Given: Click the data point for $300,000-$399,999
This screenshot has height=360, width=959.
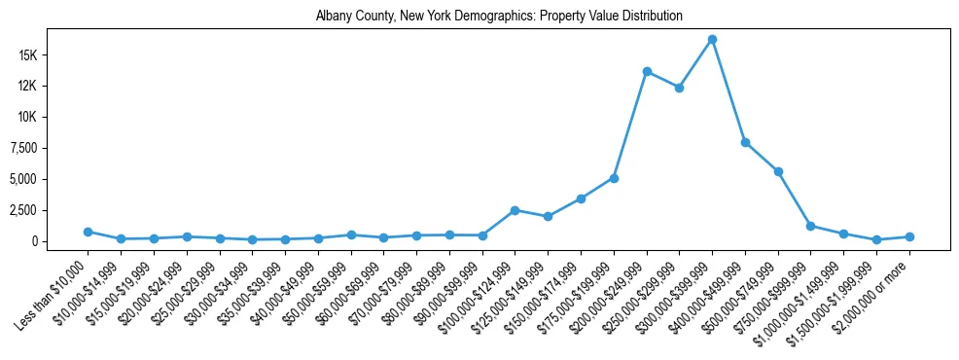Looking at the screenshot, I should pyautogui.click(x=712, y=40).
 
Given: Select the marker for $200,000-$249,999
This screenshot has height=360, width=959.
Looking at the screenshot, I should pyautogui.click(x=647, y=72).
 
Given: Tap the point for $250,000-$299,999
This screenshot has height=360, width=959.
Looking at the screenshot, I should pyautogui.click(x=679, y=88).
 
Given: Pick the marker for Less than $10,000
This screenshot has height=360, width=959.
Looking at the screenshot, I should pyautogui.click(x=88, y=232).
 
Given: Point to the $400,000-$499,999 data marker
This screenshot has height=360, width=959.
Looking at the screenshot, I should pyautogui.click(x=745, y=142).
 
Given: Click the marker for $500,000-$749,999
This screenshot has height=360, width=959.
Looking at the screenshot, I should pyautogui.click(x=778, y=171).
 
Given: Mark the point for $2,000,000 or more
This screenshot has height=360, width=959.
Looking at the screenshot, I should pyautogui.click(x=909, y=236).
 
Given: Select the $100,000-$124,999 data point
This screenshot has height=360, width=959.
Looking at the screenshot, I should pyautogui.click(x=515, y=210).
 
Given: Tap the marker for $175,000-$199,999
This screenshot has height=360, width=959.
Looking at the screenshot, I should pyautogui.click(x=614, y=178).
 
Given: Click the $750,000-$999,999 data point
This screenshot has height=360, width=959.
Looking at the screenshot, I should pyautogui.click(x=810, y=226).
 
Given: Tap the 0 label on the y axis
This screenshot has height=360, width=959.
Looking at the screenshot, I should pyautogui.click(x=59, y=241).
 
